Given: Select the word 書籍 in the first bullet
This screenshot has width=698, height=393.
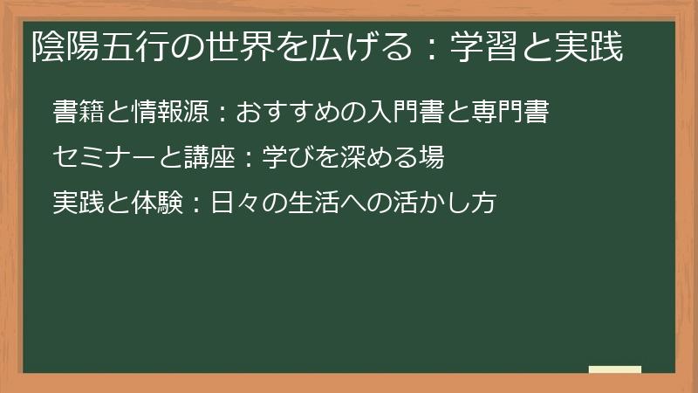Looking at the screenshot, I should (79, 113).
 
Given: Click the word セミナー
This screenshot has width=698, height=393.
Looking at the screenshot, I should (104, 158).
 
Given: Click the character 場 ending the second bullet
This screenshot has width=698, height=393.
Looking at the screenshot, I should (432, 158).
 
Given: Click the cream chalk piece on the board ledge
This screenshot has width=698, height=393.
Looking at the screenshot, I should (615, 369).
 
